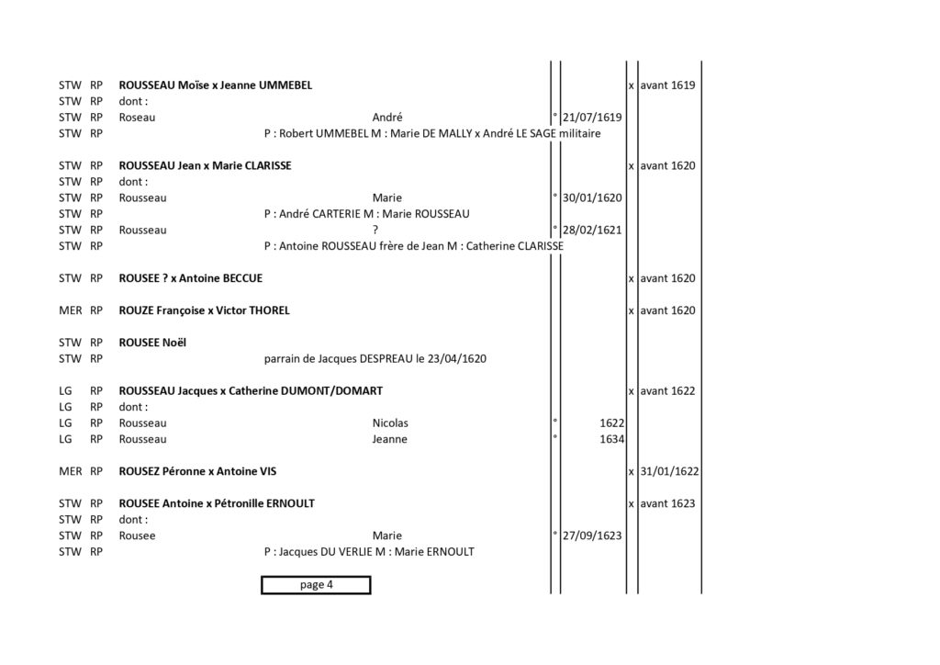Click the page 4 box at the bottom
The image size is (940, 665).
click(x=316, y=585)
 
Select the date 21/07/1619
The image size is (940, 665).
click(x=592, y=118)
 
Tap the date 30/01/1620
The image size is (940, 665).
click(x=592, y=197)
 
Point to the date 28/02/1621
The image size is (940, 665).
click(x=592, y=231)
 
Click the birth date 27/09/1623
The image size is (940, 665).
click(x=592, y=536)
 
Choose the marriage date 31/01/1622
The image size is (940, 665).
click(x=669, y=471)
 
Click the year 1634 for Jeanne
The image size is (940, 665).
click(x=611, y=440)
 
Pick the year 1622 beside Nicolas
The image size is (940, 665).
click(x=611, y=423)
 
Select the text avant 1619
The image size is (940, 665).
click(x=667, y=85)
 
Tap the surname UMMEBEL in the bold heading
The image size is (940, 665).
click(x=285, y=85)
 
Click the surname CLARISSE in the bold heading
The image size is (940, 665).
click(x=268, y=165)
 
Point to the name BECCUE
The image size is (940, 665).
click(x=242, y=278)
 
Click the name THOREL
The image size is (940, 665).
click(x=269, y=310)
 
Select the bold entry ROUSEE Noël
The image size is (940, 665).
click(x=152, y=343)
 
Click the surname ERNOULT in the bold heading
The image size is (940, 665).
click(x=290, y=503)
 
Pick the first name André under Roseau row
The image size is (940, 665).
click(x=387, y=118)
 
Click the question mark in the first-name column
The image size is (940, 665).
click(x=375, y=231)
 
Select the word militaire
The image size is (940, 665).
click(x=580, y=134)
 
